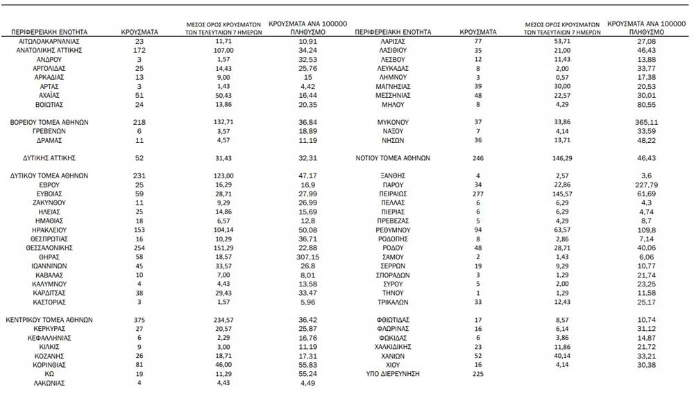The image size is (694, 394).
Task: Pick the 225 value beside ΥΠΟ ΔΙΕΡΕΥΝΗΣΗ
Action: [477, 374]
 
